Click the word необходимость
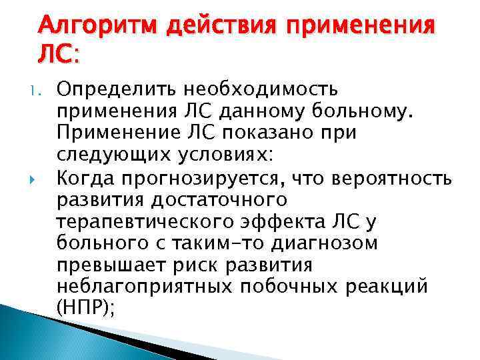point(260,89)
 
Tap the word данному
point(259,111)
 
